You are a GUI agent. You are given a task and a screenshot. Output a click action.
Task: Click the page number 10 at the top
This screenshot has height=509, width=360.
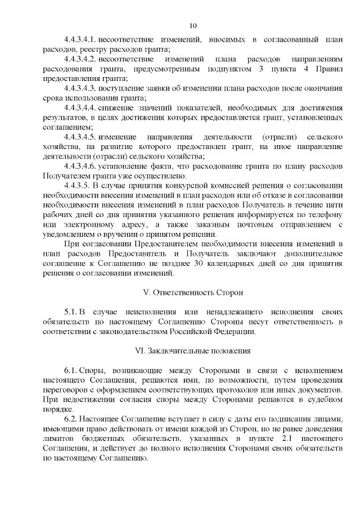(193, 25)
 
